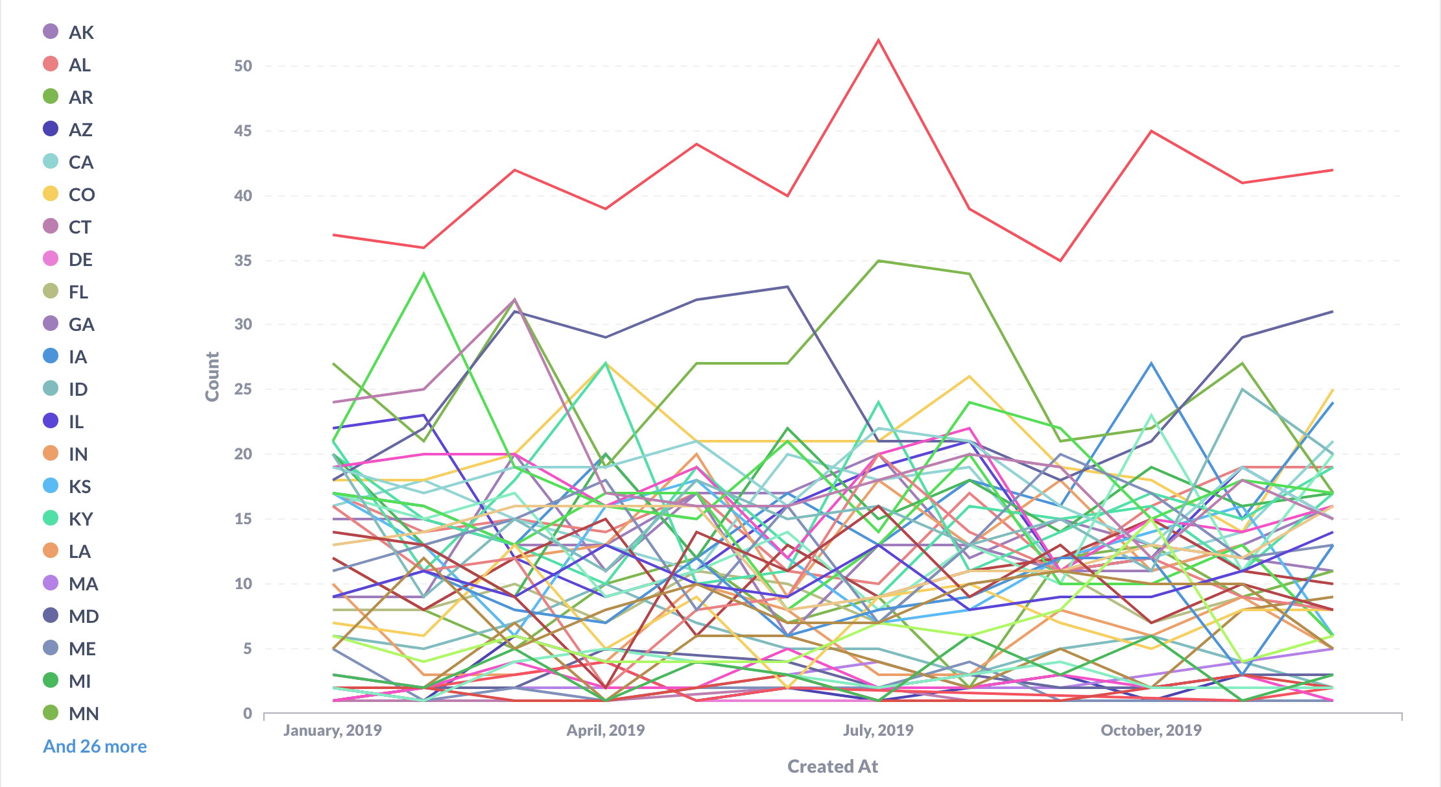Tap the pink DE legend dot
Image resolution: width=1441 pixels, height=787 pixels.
point(51,259)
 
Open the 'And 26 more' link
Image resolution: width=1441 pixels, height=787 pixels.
point(95,746)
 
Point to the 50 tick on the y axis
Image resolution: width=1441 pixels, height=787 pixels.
point(243,66)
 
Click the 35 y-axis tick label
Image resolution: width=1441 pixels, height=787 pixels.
point(243,261)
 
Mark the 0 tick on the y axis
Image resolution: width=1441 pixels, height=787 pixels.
point(248,714)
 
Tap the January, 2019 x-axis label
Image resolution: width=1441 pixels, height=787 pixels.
point(333,731)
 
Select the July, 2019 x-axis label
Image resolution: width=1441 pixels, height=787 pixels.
point(878,731)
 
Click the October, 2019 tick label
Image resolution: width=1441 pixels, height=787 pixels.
point(1151,731)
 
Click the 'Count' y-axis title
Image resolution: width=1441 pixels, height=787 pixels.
point(212,376)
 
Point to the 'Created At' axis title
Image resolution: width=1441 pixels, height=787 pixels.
point(833,766)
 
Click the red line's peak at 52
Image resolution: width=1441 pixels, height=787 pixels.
point(879,40)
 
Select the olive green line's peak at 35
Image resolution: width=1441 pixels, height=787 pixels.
point(879,261)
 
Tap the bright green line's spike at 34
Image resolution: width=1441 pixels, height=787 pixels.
point(424,274)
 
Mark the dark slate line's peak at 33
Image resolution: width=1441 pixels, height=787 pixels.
point(787,286)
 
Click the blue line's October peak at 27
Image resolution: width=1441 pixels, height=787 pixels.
point(1151,363)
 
